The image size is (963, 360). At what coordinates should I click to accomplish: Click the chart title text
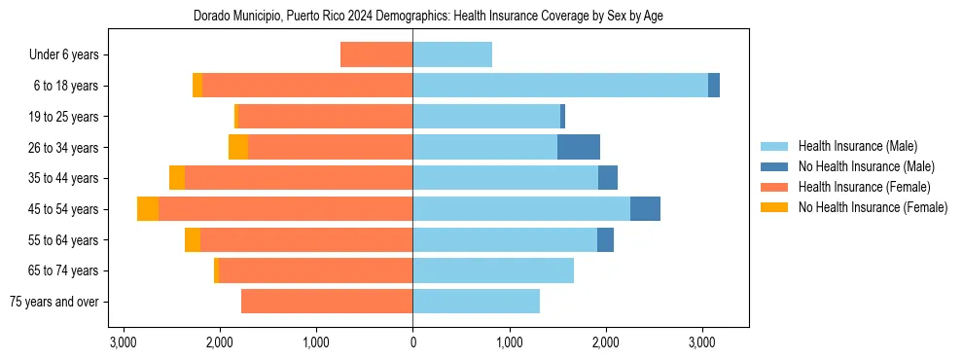tap(429, 17)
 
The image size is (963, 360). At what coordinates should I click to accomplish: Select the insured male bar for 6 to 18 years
tap(560, 86)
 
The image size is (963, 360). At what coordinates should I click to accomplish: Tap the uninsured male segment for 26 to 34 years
tap(579, 147)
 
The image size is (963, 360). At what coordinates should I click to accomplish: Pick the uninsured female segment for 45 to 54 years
tap(148, 209)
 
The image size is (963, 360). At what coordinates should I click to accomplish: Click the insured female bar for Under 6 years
tap(376, 54)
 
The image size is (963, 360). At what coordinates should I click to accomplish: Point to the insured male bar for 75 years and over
tap(476, 302)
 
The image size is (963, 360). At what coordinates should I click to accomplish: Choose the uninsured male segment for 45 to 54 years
tap(645, 209)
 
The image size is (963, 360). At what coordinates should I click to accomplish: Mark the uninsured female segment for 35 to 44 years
tap(177, 178)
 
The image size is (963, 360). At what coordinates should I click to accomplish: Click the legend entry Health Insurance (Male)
tap(858, 146)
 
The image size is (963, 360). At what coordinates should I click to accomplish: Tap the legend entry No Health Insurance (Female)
tap(873, 207)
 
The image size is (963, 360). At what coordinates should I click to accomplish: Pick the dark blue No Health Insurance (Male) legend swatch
tap(774, 166)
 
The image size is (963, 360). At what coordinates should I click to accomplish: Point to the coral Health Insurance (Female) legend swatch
tap(774, 187)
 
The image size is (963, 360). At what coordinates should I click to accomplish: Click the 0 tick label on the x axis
tap(412, 343)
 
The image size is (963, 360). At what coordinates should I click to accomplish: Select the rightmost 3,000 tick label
tap(702, 343)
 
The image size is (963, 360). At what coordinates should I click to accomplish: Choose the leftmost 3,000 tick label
tap(123, 343)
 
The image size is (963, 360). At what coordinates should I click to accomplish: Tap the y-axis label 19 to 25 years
tap(63, 117)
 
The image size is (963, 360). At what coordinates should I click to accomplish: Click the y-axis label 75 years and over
tap(53, 302)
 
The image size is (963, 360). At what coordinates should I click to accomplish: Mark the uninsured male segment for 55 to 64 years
tap(605, 239)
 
